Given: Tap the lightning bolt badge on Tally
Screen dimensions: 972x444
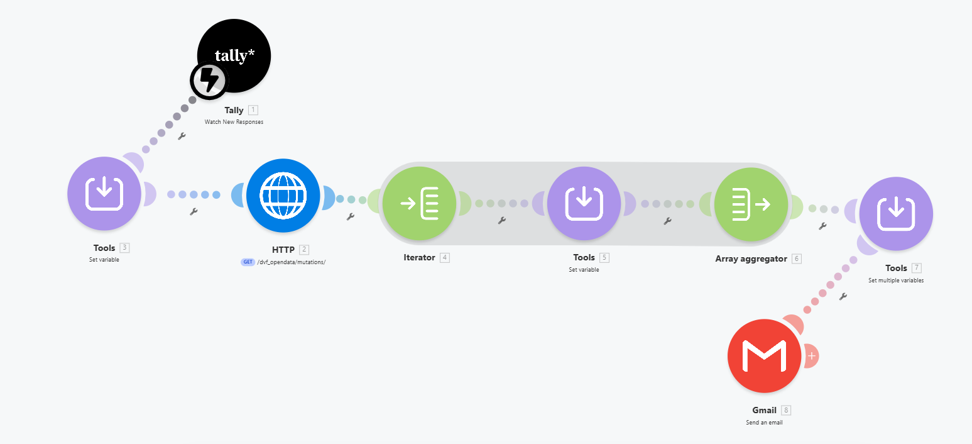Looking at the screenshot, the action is pos(209,80).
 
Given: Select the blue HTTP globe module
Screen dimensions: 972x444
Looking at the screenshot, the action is pos(283,196).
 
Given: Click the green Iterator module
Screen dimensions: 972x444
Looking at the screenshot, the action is pos(419,203).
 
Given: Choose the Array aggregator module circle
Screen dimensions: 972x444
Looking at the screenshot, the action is pos(751,204).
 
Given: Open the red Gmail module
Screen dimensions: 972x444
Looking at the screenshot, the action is pos(764,356).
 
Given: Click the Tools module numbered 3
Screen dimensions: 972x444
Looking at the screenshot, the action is pos(104,193).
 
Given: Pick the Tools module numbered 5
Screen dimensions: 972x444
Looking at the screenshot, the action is pos(584,203).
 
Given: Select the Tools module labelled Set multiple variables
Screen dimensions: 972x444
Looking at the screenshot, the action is pos(896,214).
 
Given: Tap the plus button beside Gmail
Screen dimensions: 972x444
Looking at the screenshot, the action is pos(812,356).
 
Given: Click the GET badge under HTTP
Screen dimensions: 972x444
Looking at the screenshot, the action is pos(248,262).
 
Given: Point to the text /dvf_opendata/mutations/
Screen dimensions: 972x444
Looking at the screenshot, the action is pos(291,262).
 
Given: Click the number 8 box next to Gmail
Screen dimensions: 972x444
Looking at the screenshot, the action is pos(786,410).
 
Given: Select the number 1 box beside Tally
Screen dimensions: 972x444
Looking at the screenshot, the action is pos(253,110).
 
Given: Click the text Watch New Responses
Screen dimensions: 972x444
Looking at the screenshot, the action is pos(234,122).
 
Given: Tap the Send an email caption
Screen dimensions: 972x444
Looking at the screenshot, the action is pos(764,422).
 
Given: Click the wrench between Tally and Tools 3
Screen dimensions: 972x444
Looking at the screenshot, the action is pos(182,136).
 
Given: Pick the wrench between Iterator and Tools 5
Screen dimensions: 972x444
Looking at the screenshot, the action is pos(502,221).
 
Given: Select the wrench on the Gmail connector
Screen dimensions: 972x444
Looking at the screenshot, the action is pos(843,297).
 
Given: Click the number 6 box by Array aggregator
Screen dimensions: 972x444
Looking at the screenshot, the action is pos(797,258).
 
